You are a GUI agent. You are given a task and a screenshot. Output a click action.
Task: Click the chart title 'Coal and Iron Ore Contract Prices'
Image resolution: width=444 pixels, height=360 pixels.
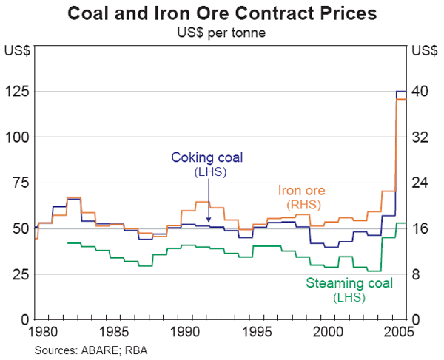(x=222, y=13)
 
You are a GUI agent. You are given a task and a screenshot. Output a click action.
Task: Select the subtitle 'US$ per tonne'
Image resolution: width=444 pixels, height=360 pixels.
(x=222, y=32)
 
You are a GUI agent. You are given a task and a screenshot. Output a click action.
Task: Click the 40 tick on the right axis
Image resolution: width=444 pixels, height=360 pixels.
(x=420, y=92)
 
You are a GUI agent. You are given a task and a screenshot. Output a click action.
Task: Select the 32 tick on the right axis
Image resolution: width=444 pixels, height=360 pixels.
(x=420, y=137)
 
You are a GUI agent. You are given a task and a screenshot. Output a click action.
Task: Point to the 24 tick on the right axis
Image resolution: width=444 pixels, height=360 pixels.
(x=420, y=183)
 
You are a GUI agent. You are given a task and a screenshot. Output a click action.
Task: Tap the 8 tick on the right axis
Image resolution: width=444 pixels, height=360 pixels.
(x=417, y=274)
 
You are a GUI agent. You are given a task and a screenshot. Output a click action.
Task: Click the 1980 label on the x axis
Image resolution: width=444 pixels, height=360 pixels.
(x=45, y=330)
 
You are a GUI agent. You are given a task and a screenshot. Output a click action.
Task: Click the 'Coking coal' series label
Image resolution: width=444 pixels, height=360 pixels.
(x=207, y=157)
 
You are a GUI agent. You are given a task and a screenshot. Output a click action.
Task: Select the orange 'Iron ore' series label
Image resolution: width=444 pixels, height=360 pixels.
(x=302, y=190)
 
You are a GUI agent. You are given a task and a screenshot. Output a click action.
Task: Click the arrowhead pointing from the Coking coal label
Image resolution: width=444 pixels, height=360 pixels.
(x=208, y=221)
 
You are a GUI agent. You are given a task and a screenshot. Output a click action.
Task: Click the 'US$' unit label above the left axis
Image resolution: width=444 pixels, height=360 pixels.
(x=17, y=51)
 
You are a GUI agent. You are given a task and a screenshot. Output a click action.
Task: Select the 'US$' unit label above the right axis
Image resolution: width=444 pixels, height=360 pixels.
(x=423, y=51)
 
